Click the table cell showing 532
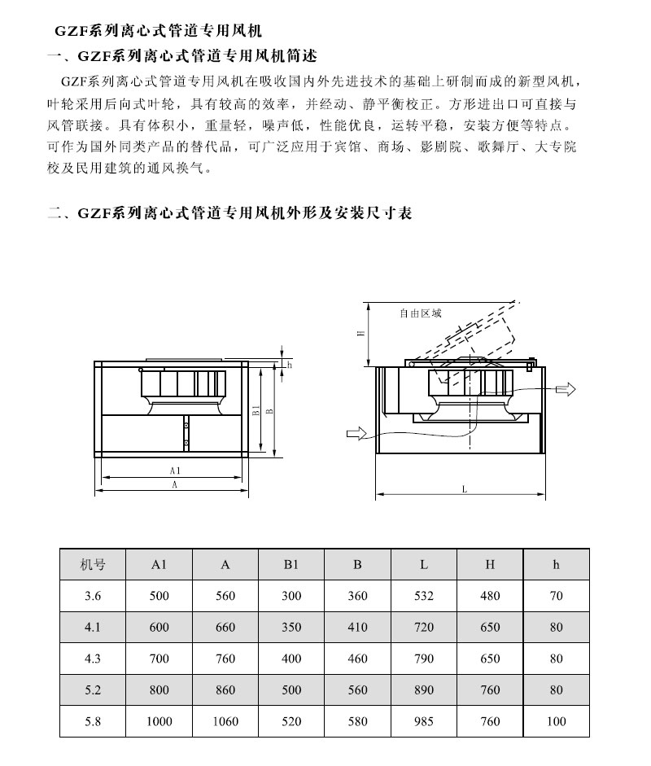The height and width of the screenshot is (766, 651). point(424,596)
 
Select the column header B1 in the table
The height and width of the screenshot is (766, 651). point(291,564)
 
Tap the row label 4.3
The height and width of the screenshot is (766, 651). point(93,659)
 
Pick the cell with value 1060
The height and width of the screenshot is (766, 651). point(225,721)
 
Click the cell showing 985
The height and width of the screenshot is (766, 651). point(424,721)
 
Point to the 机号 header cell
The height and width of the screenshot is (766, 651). point(93,564)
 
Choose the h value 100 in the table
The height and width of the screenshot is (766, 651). point(556,721)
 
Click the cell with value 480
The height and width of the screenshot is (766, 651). point(490,596)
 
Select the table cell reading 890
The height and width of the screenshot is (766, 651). point(424,690)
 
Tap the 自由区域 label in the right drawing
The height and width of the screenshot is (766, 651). point(421,313)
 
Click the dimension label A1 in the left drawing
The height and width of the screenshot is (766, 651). point(175,471)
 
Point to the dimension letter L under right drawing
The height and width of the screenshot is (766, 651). point(463,490)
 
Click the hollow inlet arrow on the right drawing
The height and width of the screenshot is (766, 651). point(356,434)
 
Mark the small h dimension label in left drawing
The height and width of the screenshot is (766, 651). point(289,365)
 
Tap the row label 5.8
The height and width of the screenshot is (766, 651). point(93,721)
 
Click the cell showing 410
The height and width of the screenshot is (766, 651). point(358,628)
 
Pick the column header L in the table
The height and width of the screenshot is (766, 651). point(424,564)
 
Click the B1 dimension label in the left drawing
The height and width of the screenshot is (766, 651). point(255,410)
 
